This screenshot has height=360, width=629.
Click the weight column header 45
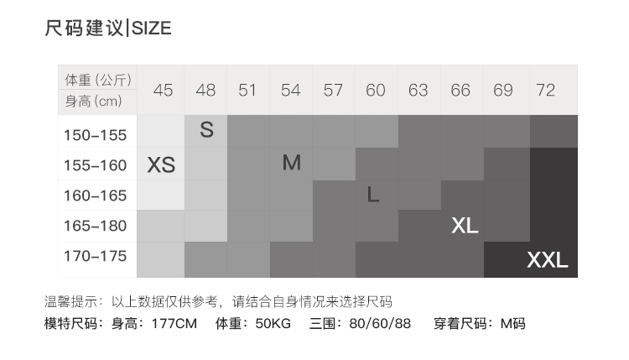164,91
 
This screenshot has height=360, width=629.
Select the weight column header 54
290,91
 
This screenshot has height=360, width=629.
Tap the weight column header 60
376,91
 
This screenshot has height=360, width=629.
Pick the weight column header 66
460,91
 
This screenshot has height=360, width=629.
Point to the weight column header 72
545,91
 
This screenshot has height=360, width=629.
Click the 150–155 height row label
96,135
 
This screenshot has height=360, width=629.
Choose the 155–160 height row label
96,165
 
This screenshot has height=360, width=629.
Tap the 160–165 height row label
96,196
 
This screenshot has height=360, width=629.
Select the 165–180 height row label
96,226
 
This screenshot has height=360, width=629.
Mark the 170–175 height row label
96,256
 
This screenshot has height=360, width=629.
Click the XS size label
161,165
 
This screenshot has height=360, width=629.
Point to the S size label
206,131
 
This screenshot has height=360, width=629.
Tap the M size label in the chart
291,163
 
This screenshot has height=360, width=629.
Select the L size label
374,195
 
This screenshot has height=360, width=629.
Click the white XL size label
465,226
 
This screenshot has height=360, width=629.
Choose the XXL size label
547,260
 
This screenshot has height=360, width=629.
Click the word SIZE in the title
151,29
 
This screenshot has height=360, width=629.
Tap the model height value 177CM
174,323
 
